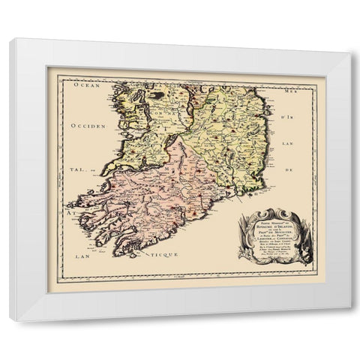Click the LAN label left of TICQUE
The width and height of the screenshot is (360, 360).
click(x=82, y=256)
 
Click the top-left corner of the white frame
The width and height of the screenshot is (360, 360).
click(x=10, y=38)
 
